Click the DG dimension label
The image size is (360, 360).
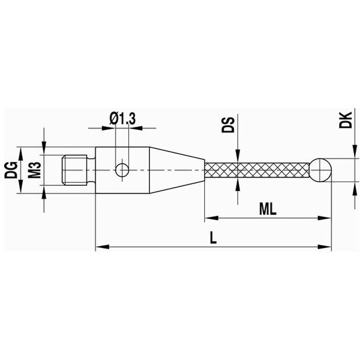[x=11, y=170]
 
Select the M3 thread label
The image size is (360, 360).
[x=35, y=170]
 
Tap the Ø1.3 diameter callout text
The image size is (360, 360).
[x=122, y=119]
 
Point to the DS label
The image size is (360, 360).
[x=228, y=125]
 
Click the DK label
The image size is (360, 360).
[x=346, y=120]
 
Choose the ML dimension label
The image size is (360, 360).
[x=268, y=209]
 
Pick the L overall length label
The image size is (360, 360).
[x=213, y=238]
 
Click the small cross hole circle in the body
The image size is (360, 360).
[x=122, y=170]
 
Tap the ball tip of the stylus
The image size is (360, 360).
[x=321, y=170]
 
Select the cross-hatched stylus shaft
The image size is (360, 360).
[x=257, y=170]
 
